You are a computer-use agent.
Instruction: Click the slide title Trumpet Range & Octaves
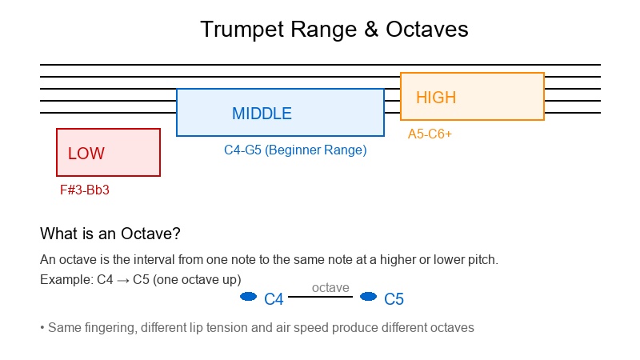click(x=334, y=30)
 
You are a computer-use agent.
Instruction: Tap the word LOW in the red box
click(x=86, y=154)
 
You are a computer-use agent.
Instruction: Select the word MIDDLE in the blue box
click(x=262, y=114)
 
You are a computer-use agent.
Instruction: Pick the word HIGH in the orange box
click(x=436, y=98)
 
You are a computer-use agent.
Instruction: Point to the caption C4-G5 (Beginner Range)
click(x=295, y=150)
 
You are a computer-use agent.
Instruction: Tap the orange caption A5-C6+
click(x=430, y=134)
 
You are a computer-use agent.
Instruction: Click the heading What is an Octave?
click(x=110, y=234)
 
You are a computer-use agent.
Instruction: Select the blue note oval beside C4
click(x=248, y=297)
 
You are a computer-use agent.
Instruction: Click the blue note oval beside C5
click(x=368, y=297)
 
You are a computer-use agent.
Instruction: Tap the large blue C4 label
click(x=274, y=299)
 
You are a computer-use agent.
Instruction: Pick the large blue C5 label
click(x=394, y=299)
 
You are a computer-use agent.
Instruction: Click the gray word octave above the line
click(x=330, y=287)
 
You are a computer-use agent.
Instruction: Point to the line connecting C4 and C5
click(x=320, y=297)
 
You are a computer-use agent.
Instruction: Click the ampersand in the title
click(x=372, y=30)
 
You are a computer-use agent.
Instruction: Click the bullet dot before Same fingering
click(x=42, y=328)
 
